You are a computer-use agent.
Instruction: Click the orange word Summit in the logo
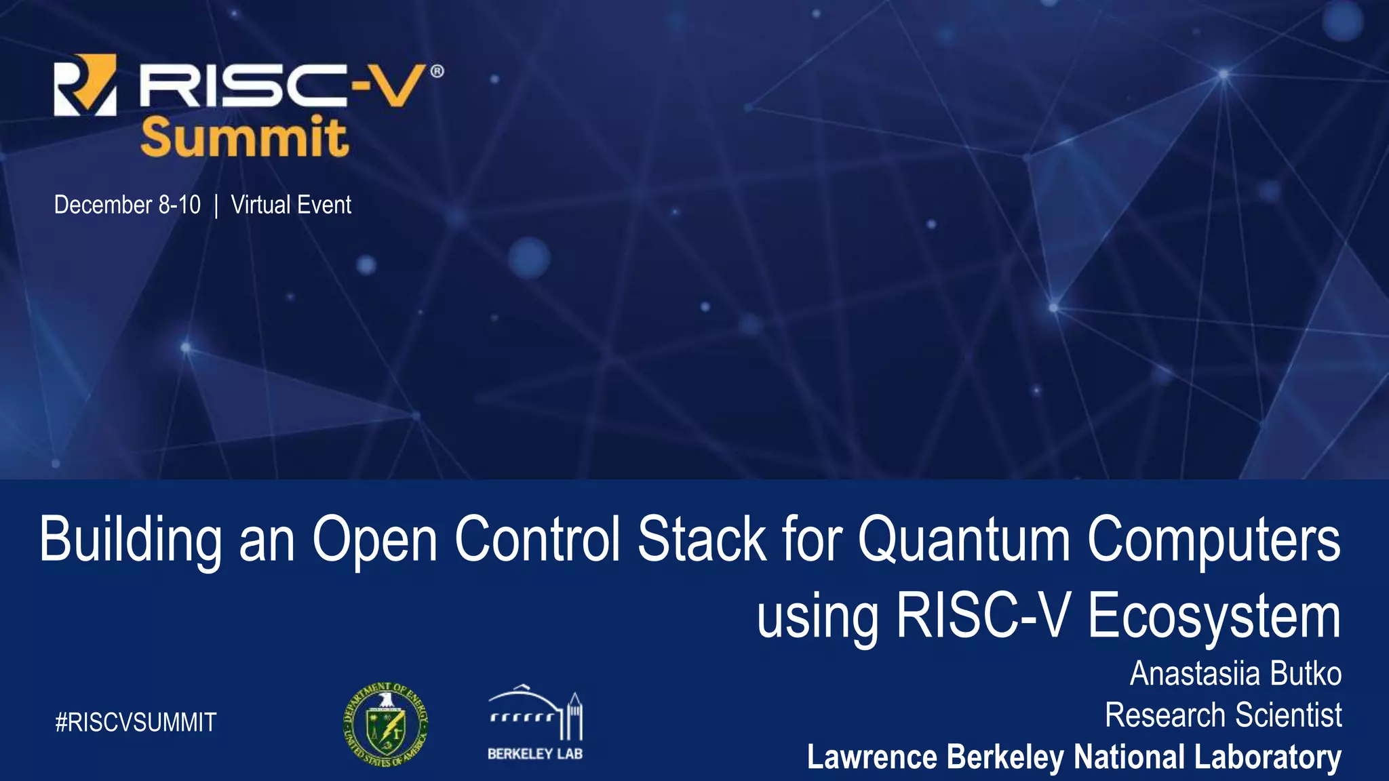245,138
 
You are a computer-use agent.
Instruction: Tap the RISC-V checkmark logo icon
85,85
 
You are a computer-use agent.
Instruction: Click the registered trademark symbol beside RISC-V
437,71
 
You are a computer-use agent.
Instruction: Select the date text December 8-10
127,205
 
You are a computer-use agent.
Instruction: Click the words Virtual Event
291,205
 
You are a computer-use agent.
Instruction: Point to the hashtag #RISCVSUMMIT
136,723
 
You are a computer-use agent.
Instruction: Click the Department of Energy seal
385,724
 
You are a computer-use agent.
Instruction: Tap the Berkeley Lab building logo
535,723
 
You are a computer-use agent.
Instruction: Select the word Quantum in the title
964,540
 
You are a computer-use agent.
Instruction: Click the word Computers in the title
1214,540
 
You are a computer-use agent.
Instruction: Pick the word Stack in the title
701,540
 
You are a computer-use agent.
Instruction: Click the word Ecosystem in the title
1214,616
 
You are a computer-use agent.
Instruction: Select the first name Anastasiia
1194,674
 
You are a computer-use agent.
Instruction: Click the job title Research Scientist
1223,715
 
